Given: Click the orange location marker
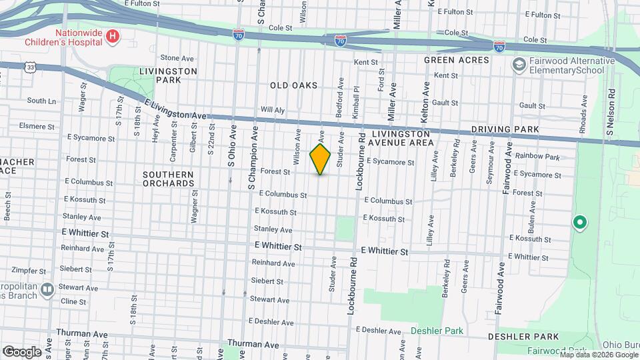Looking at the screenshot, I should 320,159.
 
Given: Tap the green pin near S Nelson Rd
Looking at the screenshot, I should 579,222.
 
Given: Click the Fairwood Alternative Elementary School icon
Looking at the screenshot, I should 518,65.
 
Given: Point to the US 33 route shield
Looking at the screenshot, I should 29,67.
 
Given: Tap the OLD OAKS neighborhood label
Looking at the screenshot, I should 293,85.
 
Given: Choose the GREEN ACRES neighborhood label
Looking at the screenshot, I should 457,60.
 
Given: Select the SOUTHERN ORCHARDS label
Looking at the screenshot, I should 168,179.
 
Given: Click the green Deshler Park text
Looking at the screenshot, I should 437,331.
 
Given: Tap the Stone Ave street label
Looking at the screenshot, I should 176,58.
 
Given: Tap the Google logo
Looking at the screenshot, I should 22,351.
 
